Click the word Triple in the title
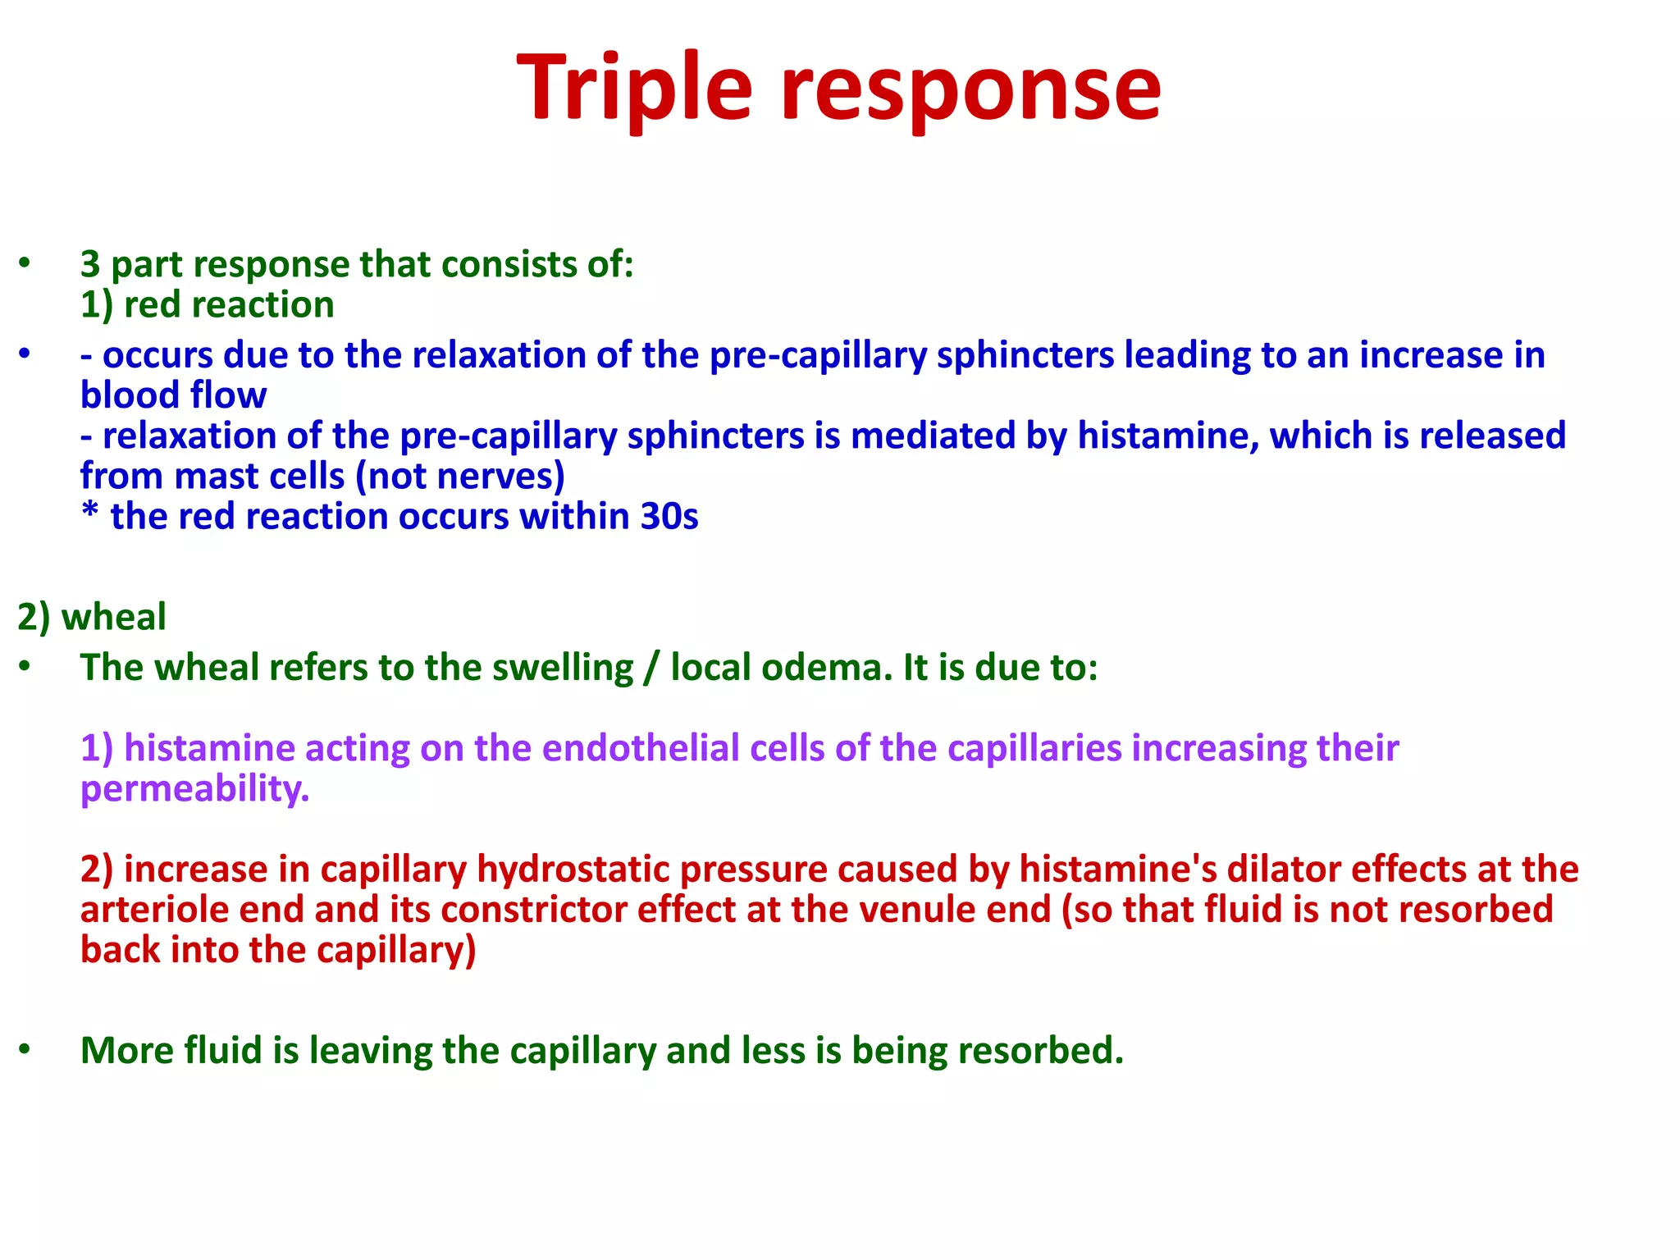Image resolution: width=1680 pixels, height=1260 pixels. tap(634, 89)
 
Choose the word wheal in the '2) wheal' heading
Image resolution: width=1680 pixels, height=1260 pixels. tap(114, 617)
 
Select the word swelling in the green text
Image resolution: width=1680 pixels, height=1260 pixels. tap(563, 668)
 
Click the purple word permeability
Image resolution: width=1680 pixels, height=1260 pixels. tap(194, 789)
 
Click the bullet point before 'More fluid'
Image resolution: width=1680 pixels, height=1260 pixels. tap(25, 1049)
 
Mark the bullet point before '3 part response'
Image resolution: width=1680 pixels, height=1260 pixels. tap(25, 263)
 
